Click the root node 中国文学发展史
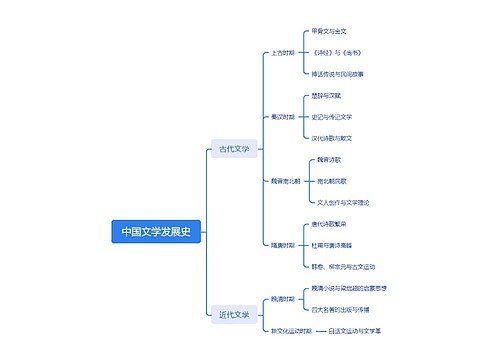[x=157, y=232]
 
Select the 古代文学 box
[x=234, y=149]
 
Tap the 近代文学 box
[x=234, y=315]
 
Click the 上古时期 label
[x=283, y=53]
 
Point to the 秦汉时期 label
[x=283, y=117]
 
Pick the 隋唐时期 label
[x=283, y=245]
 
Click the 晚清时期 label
[x=283, y=298]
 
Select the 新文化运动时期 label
[x=289, y=330]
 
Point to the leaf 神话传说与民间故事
[x=338, y=74]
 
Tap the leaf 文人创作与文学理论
[x=342, y=202]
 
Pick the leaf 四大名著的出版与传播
[x=344, y=309]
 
